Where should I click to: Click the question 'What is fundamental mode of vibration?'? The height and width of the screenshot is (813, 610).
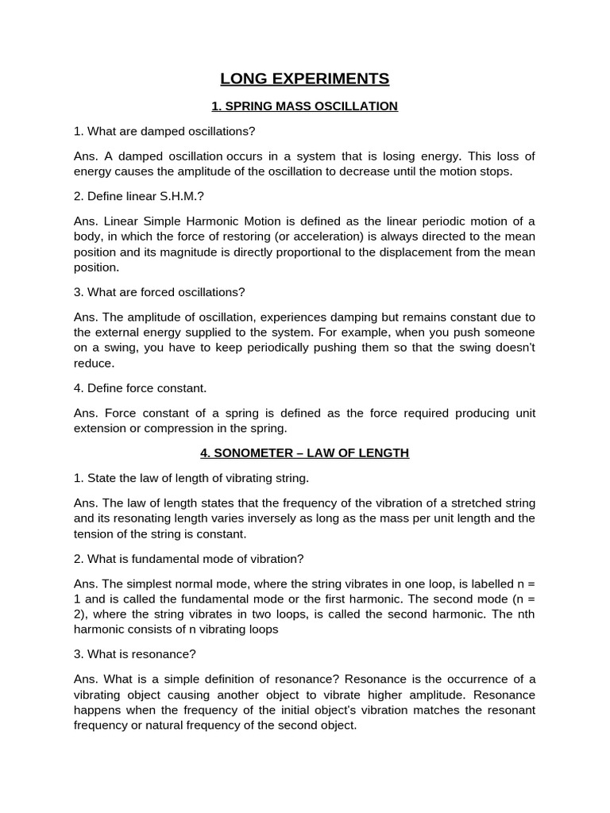[x=188, y=558]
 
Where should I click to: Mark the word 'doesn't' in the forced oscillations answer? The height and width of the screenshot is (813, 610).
[x=511, y=348]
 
